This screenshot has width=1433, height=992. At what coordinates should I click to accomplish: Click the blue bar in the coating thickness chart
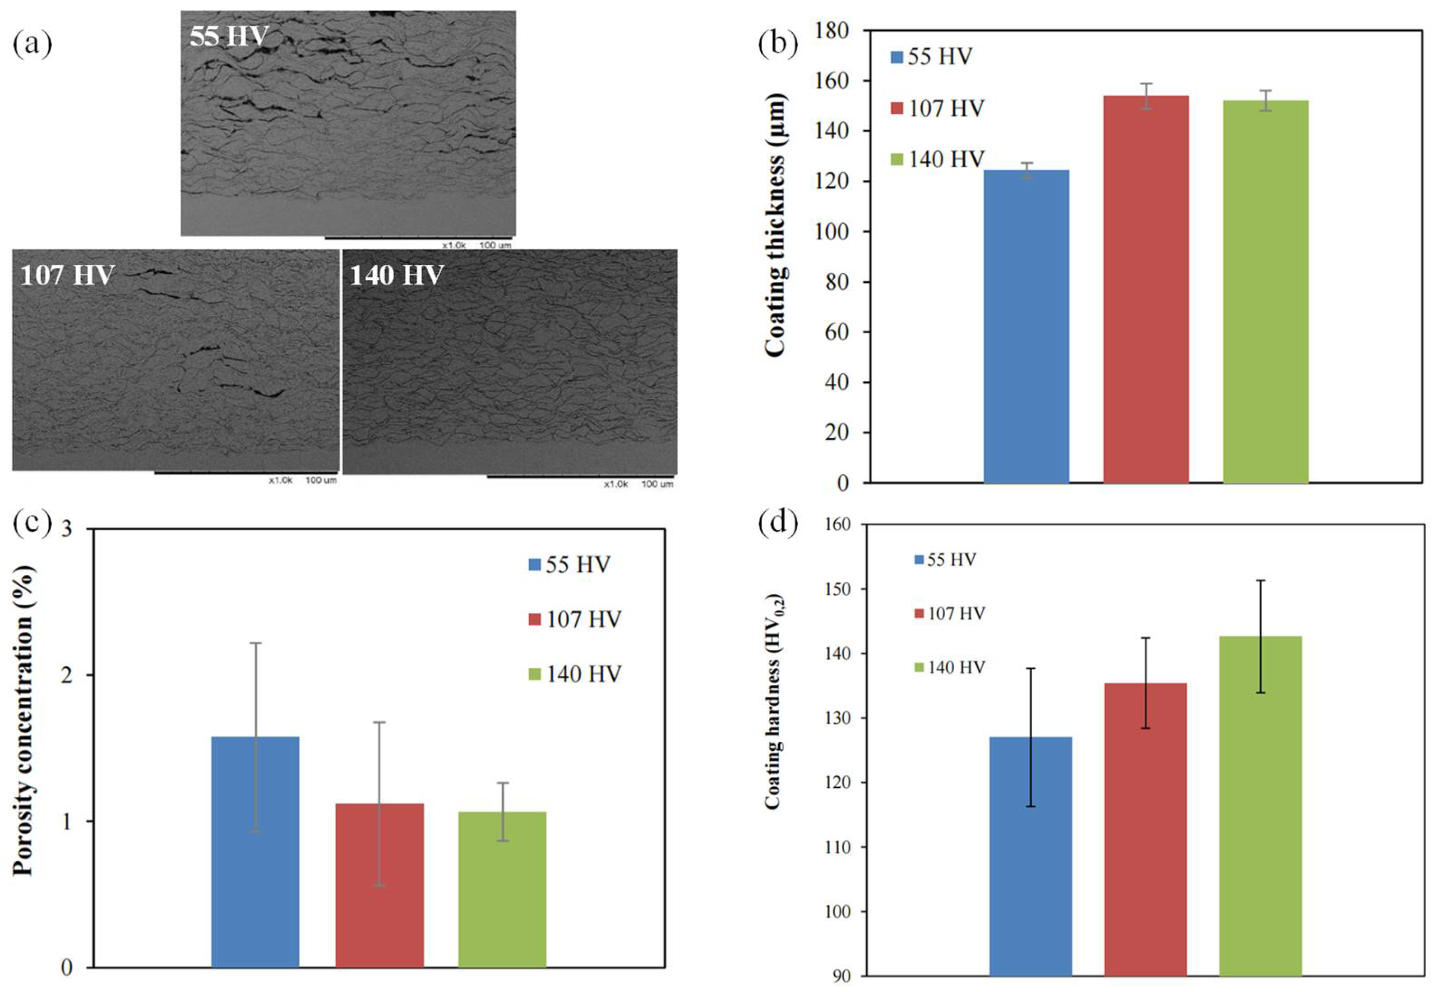pyautogui.click(x=1026, y=326)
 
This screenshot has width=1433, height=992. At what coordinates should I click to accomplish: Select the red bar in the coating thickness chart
pyautogui.click(x=1146, y=289)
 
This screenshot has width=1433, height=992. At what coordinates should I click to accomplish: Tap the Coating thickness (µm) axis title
pyautogui.click(x=776, y=225)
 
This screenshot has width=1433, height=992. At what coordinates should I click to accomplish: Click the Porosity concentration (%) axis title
pyautogui.click(x=23, y=720)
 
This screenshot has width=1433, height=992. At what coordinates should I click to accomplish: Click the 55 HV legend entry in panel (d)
pyautogui.click(x=945, y=560)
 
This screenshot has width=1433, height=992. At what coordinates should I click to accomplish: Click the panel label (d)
pyautogui.click(x=778, y=524)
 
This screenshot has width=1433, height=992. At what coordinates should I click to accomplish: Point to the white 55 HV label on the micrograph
pyautogui.click(x=229, y=37)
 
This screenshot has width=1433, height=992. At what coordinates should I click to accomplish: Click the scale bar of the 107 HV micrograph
pyautogui.click(x=245, y=473)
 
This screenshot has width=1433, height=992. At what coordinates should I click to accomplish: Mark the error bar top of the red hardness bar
pyautogui.click(x=1146, y=638)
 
